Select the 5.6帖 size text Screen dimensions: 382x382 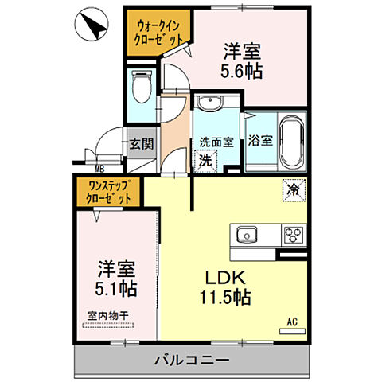[x=243, y=70]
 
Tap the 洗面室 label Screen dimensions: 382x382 [x=216, y=142]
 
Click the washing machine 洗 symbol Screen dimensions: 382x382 [x=205, y=158]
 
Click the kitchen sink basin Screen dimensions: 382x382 [x=245, y=234]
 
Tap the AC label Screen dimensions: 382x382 [x=291, y=322]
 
